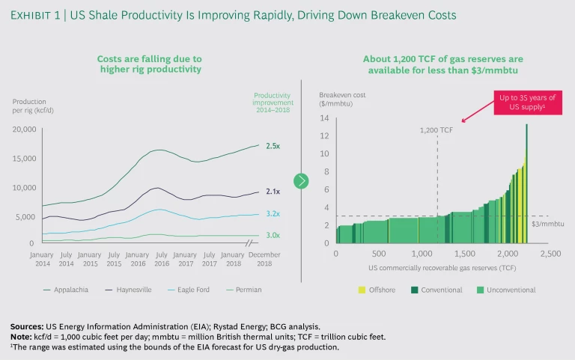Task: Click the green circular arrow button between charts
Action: coord(301,180)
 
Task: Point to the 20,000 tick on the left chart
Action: coord(25,129)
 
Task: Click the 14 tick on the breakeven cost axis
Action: coord(326,118)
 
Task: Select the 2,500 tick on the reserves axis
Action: coord(550,254)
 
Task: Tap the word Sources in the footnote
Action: coord(26,326)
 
